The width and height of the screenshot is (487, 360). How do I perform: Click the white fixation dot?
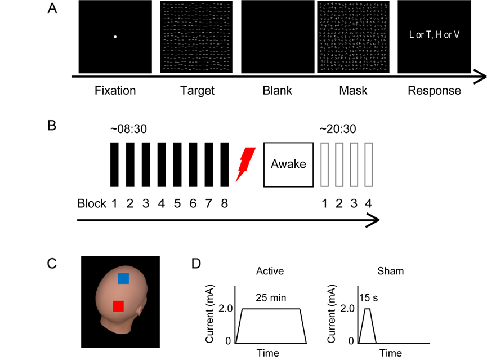[115, 37]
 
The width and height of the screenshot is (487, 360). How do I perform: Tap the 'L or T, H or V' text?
[434, 34]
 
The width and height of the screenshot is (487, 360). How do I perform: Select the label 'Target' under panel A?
[197, 91]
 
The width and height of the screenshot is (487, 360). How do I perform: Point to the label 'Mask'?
[353, 91]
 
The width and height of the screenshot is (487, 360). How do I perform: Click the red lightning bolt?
[245, 164]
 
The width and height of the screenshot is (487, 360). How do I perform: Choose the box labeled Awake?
[288, 165]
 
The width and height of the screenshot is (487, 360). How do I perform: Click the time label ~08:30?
[128, 128]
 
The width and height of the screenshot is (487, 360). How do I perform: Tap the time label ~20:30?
[338, 128]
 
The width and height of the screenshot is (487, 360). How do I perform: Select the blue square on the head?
[123, 278]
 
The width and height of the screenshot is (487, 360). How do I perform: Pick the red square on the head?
[118, 306]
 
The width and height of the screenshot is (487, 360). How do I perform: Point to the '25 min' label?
[271, 298]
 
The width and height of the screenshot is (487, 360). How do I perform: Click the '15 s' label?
[369, 298]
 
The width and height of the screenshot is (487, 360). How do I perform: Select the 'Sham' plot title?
[390, 271]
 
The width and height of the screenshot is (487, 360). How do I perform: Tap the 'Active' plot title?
[270, 271]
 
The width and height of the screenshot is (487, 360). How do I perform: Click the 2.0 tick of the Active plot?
[226, 308]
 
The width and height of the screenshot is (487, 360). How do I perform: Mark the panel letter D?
[196, 263]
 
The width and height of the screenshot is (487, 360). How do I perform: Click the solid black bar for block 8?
[225, 165]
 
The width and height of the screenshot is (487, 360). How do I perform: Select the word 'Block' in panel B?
[92, 203]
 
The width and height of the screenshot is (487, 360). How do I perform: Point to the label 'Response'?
[434, 91]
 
